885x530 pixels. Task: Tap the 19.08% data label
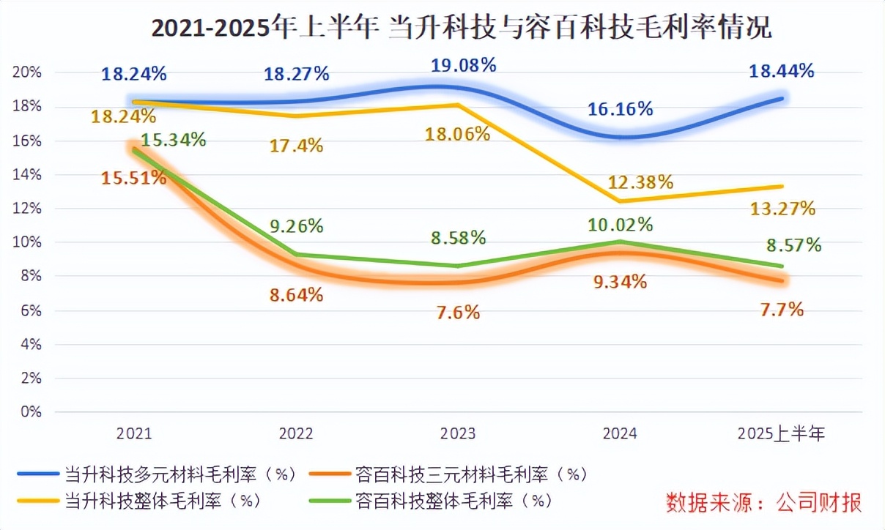pyautogui.click(x=464, y=64)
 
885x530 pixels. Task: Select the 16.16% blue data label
pyautogui.click(x=620, y=109)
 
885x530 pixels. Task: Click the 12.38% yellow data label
pyautogui.click(x=640, y=182)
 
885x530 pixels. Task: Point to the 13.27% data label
pyautogui.click(x=783, y=209)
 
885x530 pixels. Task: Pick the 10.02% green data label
pyautogui.click(x=619, y=224)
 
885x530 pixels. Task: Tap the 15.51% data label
pyautogui.click(x=133, y=177)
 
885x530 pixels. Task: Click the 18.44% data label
pyautogui.click(x=781, y=71)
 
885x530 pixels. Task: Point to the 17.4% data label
pyautogui.click(x=296, y=146)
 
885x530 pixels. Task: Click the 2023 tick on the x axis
pyautogui.click(x=458, y=433)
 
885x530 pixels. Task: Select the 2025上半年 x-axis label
pyautogui.click(x=781, y=433)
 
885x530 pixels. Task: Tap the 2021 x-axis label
pyautogui.click(x=134, y=433)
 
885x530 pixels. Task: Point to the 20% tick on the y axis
pyautogui.click(x=31, y=72)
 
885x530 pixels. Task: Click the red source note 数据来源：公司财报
pyautogui.click(x=763, y=502)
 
